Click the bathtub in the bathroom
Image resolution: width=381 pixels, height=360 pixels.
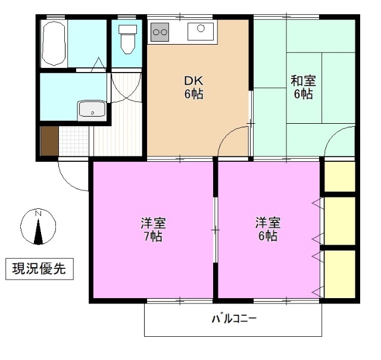click(54, 44)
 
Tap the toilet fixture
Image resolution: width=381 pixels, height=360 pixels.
click(127, 39)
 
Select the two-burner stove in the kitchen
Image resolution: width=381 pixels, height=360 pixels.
click(160, 32)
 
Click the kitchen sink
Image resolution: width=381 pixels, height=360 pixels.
click(201, 30)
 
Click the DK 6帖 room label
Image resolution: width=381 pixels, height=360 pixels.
click(193, 87)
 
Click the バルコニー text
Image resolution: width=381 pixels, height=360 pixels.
click(234, 319)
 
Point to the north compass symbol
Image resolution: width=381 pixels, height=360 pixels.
click(38, 227)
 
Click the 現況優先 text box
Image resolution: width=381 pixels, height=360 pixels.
click(39, 269)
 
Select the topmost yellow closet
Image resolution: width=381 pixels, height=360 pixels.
click(339, 176)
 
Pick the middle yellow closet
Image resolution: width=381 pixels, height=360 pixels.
click(339, 220)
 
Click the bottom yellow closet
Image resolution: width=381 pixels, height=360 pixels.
click(339, 274)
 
